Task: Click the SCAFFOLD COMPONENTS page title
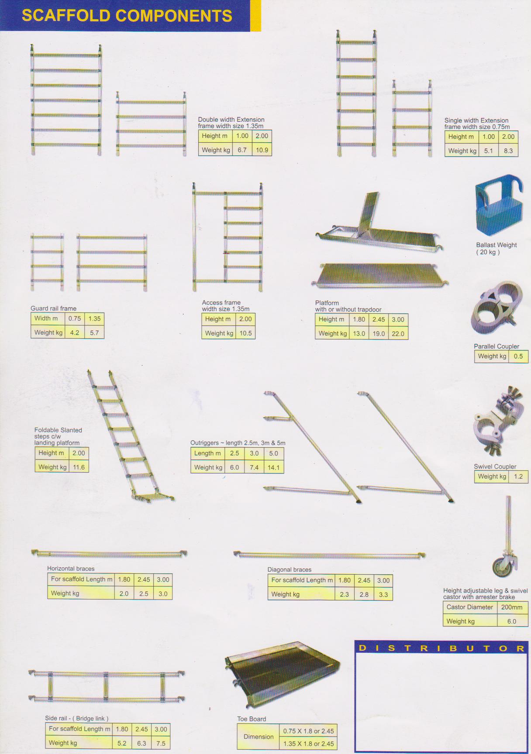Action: [x=127, y=16]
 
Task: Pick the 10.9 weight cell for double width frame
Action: [x=262, y=150]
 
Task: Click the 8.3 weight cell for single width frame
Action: [x=508, y=151]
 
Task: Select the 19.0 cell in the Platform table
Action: [x=379, y=333]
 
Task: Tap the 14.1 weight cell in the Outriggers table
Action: [x=273, y=467]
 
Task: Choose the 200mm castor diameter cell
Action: [x=512, y=607]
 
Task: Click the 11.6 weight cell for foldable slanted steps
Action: [x=79, y=467]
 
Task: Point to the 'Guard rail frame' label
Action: [x=53, y=308]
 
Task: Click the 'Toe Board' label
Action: [x=252, y=719]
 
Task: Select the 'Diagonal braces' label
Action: [x=290, y=569]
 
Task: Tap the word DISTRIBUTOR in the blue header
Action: [x=441, y=648]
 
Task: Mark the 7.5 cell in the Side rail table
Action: [x=161, y=743]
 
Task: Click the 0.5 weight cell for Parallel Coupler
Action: [x=518, y=356]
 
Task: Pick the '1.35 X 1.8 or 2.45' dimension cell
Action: [x=308, y=744]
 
